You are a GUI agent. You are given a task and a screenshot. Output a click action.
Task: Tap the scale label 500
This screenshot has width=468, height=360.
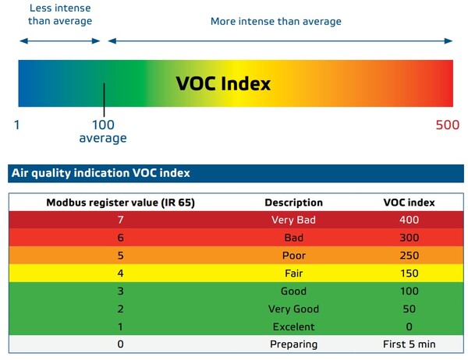click(x=448, y=125)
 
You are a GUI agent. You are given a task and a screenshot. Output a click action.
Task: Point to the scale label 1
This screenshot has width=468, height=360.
click(x=18, y=125)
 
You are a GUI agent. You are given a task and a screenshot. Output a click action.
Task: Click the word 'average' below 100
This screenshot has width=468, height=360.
click(x=102, y=138)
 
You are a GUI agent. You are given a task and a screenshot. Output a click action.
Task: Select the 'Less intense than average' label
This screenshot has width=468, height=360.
click(x=59, y=15)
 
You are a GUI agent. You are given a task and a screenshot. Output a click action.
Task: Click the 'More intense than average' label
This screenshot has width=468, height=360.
click(x=275, y=21)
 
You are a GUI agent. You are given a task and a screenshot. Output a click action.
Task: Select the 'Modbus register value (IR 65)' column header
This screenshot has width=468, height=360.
click(x=120, y=203)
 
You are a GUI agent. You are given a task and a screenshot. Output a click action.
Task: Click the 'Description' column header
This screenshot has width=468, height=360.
click(x=293, y=203)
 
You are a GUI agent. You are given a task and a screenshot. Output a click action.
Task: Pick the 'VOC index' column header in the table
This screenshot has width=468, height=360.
click(x=409, y=203)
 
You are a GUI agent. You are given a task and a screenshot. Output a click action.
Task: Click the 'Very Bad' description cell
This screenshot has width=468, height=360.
click(x=293, y=221)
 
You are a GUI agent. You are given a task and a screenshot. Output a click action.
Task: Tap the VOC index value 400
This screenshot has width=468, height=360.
click(x=409, y=221)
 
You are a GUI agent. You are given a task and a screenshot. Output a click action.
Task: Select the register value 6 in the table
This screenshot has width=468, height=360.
click(x=120, y=238)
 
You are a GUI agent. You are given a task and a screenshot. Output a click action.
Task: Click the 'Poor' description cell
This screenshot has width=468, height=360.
click(x=293, y=256)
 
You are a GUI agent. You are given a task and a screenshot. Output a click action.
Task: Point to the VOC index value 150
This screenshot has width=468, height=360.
click(x=409, y=274)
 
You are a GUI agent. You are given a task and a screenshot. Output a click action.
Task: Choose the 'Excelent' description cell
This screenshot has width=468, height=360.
click(x=293, y=326)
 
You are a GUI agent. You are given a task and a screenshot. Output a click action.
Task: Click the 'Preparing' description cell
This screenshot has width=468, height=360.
click(x=293, y=344)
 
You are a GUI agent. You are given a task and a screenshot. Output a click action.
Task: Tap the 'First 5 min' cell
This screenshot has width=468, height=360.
click(x=409, y=344)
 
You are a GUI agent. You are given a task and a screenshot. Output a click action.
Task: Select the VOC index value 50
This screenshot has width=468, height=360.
click(x=409, y=309)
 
